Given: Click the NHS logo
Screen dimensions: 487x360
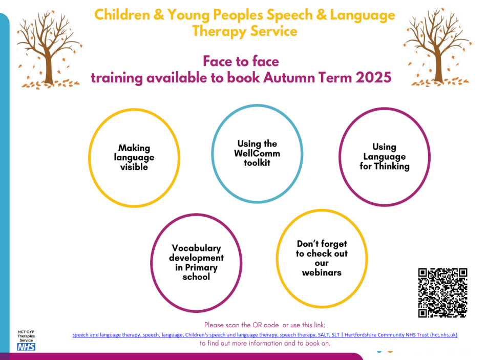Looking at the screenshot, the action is point(26,347).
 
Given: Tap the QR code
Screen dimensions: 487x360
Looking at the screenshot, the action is point(442,292).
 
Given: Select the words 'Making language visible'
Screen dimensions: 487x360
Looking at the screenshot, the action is point(134,158).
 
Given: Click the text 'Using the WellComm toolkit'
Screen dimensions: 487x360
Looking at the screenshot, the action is point(257,153).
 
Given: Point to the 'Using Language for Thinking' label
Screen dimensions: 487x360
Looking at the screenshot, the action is point(385,157).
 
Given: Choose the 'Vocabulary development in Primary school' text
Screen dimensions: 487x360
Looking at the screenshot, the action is point(196,263).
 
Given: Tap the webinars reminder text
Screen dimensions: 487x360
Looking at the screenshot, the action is point(322,258).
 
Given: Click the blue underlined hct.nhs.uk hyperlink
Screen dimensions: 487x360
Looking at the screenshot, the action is point(265,334).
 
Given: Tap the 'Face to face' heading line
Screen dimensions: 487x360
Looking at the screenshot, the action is point(241,61).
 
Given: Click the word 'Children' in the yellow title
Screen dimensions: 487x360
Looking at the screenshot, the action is point(122,15).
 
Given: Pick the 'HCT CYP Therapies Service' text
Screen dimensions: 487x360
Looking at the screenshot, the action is point(26,336).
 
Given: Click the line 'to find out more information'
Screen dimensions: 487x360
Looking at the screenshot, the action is point(265,343).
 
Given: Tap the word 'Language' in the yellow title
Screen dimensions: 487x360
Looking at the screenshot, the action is point(363,15).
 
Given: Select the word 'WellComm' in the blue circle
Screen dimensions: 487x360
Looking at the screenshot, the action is point(257,153).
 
